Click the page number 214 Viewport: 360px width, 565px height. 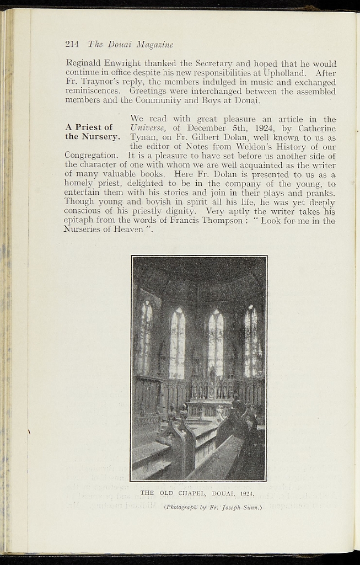click(73, 44)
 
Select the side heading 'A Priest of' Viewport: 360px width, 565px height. click(89, 127)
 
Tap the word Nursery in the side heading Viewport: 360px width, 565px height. click(100, 137)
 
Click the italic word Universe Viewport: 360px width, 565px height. click(148, 128)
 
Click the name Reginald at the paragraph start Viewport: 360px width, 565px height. click(84, 63)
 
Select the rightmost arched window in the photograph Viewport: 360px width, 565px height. click(251, 341)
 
